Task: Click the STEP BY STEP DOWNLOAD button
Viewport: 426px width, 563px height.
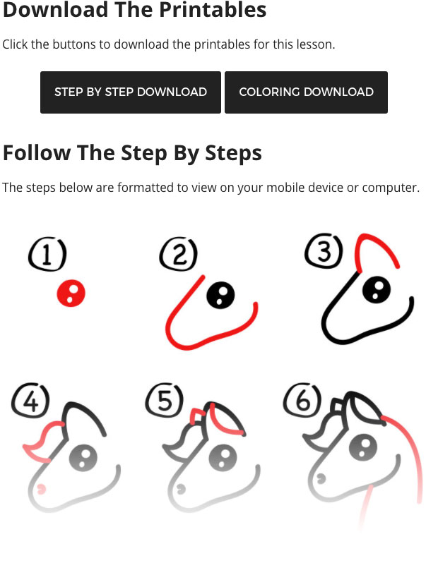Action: click(131, 92)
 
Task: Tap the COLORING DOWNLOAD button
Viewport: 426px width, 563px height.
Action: click(307, 92)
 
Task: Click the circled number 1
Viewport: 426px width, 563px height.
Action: click(47, 254)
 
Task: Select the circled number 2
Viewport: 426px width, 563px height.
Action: click(179, 254)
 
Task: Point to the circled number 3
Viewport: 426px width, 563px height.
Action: click(324, 250)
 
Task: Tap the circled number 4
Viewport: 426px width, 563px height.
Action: click(30, 401)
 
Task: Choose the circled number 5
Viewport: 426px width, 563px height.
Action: click(165, 400)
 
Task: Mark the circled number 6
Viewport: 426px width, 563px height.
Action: click(302, 399)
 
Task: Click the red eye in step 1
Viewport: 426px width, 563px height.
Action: click(71, 293)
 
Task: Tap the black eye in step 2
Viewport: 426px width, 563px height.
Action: click(220, 295)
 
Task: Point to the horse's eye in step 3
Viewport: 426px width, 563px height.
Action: click(377, 290)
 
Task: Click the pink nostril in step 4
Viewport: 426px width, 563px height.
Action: click(42, 488)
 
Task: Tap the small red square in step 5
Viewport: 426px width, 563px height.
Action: click(196, 417)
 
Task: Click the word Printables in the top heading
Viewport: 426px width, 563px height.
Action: click(213, 9)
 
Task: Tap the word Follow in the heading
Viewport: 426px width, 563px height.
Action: click(37, 153)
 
